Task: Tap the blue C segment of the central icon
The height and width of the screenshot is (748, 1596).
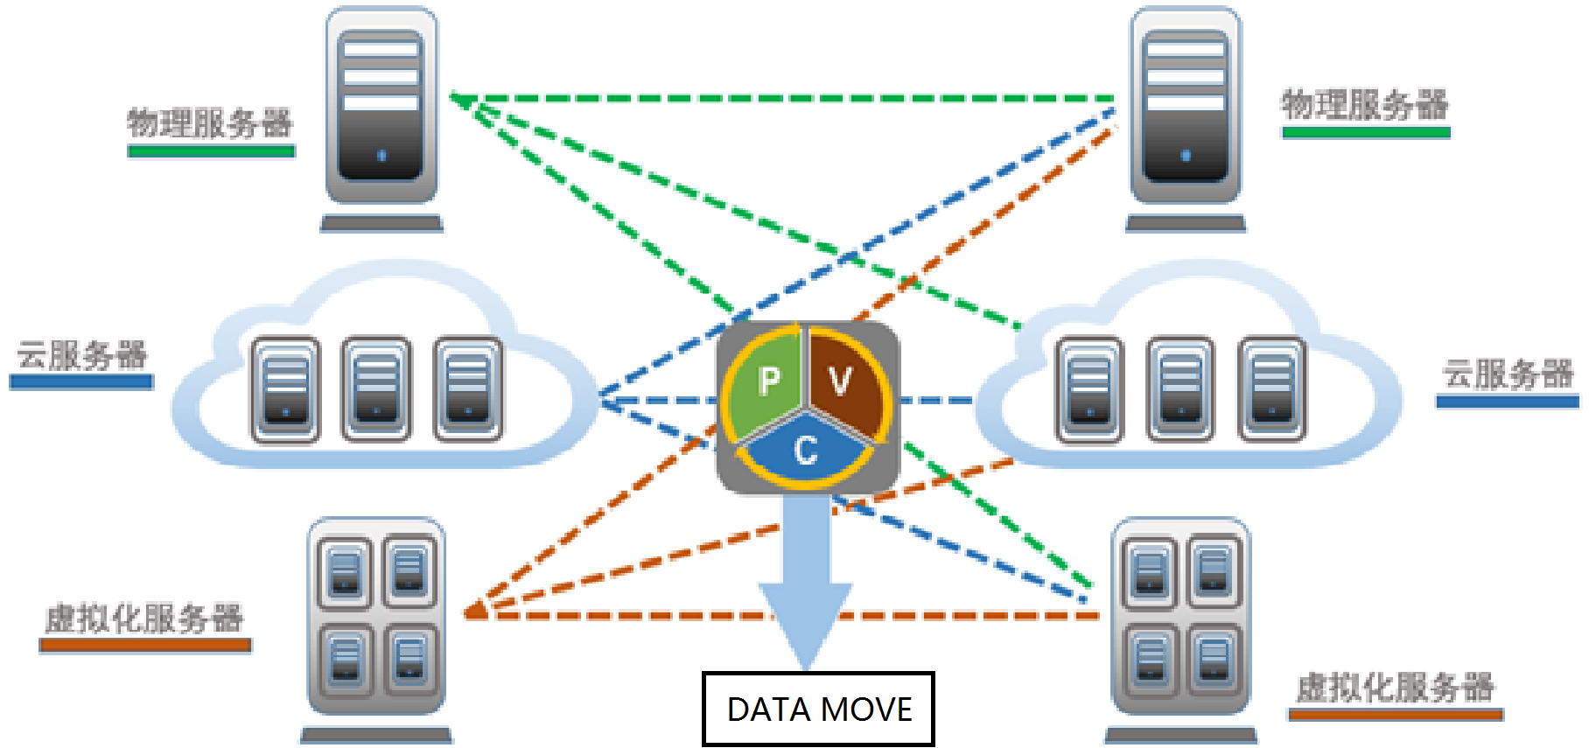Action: [x=805, y=451]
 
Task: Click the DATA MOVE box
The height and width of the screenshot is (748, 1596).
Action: [x=818, y=709]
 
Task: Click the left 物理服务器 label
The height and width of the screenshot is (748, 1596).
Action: [x=210, y=123]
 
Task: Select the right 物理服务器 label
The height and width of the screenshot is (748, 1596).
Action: [x=1365, y=105]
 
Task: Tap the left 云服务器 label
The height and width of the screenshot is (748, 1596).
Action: [x=82, y=355]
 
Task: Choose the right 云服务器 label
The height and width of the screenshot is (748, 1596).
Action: [x=1508, y=374]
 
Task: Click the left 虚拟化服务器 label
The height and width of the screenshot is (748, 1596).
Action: [x=144, y=619]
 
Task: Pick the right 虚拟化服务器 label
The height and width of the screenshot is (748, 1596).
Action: [x=1395, y=688]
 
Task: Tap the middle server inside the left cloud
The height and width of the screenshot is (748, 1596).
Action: [x=376, y=388]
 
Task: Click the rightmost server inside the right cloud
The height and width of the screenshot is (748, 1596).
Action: [x=1272, y=388]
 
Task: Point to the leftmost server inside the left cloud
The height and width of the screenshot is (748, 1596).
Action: [x=285, y=388]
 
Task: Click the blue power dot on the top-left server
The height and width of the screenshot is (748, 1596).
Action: [x=381, y=156]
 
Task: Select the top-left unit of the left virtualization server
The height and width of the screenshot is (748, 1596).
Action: [x=345, y=572]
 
